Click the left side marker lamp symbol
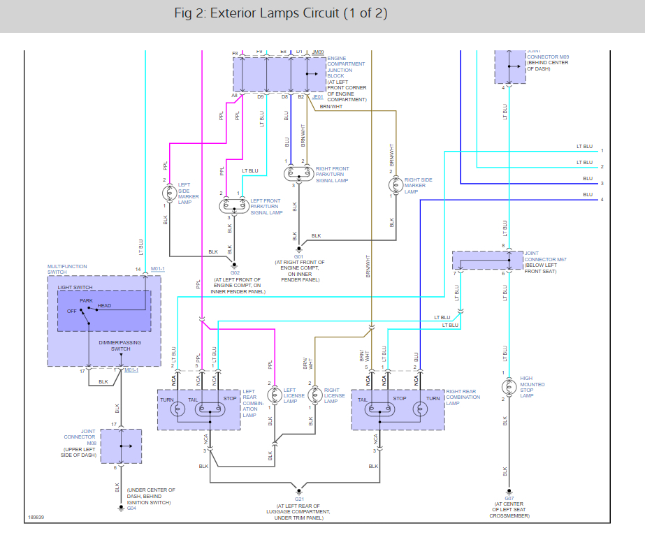(x=169, y=193)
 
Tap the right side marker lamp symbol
(x=392, y=186)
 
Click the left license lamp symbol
(x=273, y=393)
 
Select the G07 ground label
(x=508, y=497)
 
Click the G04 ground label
(x=131, y=508)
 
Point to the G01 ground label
(x=298, y=256)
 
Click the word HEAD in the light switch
(x=104, y=306)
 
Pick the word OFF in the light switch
(x=72, y=312)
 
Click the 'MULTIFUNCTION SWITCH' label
(x=67, y=269)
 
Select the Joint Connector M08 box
(x=120, y=446)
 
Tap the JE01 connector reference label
(x=317, y=97)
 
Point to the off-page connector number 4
(x=602, y=200)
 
